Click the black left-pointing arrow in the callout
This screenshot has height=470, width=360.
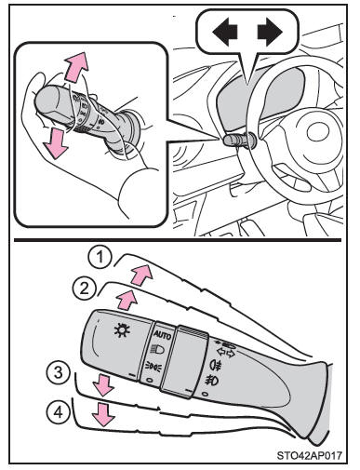pos(225,32)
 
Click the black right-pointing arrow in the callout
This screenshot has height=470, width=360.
pos(270,32)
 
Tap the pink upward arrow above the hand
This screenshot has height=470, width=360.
pos(75,67)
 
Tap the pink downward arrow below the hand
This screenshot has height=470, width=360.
pos(56,143)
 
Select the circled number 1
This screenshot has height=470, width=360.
pos(100,258)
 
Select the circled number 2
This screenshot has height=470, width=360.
pos(84,289)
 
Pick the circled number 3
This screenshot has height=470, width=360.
pos(59,372)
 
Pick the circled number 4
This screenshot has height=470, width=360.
pos(59,411)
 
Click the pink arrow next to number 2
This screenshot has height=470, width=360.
pos(127,299)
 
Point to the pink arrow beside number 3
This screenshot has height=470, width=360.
pos(104,385)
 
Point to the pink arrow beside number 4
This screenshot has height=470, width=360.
pos(103,414)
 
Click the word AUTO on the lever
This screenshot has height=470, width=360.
pos(162,335)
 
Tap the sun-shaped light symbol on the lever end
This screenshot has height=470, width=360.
pos(122,329)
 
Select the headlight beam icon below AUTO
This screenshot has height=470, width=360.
pos(157,350)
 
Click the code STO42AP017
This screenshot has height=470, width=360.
pos(310,455)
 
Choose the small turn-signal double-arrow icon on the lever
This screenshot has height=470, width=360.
pos(225,353)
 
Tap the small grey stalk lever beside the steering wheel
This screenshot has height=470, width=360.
pos(239,140)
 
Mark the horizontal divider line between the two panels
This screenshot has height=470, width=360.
pos(178,240)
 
